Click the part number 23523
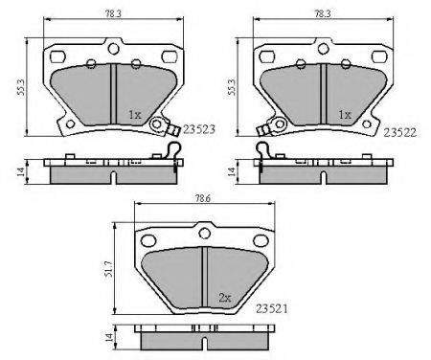pos(198,129)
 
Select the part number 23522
pos(399,132)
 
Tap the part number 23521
pos(272,308)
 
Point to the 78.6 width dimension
pos(203,198)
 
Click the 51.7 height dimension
pos(108,268)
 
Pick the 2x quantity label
pos(225,298)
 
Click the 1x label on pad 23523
pos(135,115)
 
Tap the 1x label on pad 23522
pos(345,115)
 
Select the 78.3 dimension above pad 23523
pos(113,13)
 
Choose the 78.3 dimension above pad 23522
pos(323,13)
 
